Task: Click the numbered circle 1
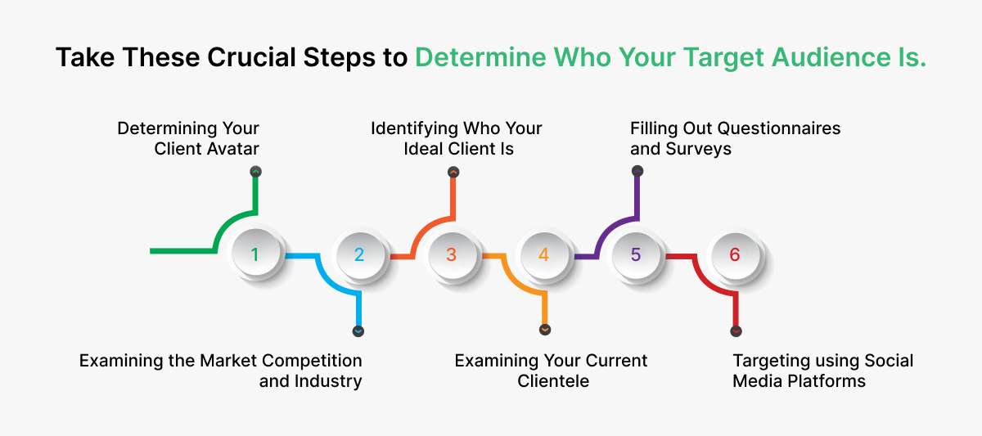(255, 254)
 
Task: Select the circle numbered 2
(359, 254)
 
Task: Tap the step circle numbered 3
(451, 254)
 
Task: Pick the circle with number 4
(543, 254)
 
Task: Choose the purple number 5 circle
(636, 254)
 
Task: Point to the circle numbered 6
(734, 254)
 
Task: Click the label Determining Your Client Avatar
(188, 138)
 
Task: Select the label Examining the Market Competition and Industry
(221, 371)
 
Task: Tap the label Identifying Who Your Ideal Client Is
(456, 138)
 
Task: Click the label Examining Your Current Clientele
(551, 371)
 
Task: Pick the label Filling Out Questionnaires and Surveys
(735, 138)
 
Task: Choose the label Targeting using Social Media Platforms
(822, 371)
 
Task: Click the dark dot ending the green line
(255, 172)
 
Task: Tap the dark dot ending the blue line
(358, 331)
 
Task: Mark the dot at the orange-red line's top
(453, 172)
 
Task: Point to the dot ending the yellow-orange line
(545, 330)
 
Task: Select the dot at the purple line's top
(637, 171)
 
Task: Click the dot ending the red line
(736, 330)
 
